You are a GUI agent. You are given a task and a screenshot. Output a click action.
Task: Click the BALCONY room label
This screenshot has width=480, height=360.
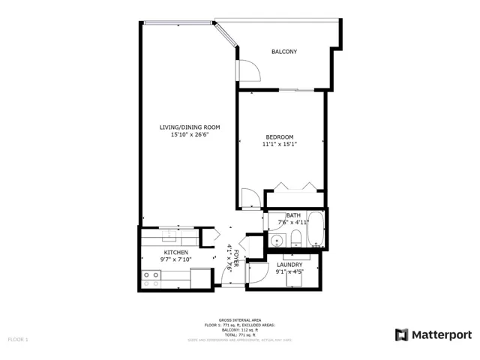[283, 52]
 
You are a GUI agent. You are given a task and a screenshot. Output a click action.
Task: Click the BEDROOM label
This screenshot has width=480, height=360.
[279, 136]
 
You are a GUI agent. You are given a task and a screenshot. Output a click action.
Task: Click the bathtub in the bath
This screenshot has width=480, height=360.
[317, 229]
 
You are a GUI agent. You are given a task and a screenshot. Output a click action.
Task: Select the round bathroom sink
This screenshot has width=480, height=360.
[277, 240]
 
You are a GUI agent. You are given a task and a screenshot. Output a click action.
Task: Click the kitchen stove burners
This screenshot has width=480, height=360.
[151, 279]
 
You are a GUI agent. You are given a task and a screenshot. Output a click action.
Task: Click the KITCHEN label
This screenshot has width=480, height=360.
[175, 253]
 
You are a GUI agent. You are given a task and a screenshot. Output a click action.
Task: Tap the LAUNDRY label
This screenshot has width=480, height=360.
[289, 265]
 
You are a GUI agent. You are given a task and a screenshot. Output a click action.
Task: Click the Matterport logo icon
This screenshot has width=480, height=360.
[401, 334]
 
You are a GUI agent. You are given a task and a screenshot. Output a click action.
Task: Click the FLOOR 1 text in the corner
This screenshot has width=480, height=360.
[17, 339]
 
